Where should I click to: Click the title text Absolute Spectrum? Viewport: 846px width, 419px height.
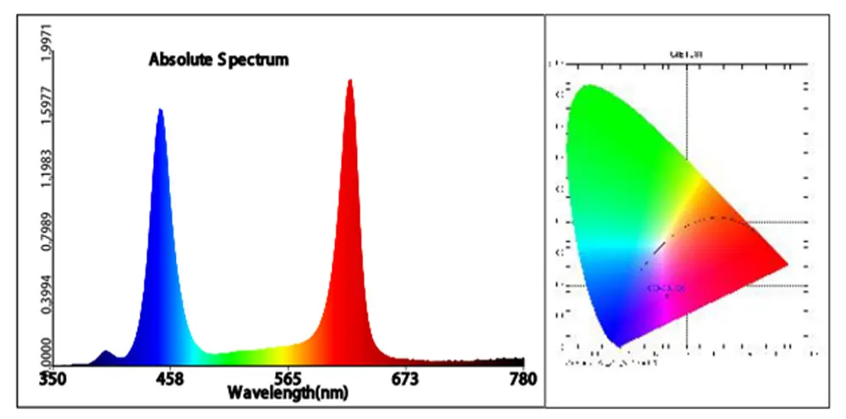[218, 60]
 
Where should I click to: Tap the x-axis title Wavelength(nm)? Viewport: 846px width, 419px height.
[287, 394]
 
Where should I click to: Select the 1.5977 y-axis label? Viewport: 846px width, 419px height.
[34, 108]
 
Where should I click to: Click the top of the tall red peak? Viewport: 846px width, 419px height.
[349, 81]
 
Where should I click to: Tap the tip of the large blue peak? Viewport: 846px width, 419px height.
[160, 110]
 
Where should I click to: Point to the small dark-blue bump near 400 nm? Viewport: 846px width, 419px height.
[106, 352]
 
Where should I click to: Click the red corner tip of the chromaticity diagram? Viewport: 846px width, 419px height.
[787, 263]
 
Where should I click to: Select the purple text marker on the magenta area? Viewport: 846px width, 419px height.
[667, 289]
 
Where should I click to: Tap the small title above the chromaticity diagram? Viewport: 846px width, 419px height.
[685, 54]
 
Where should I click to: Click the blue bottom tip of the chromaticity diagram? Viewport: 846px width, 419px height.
[620, 345]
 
